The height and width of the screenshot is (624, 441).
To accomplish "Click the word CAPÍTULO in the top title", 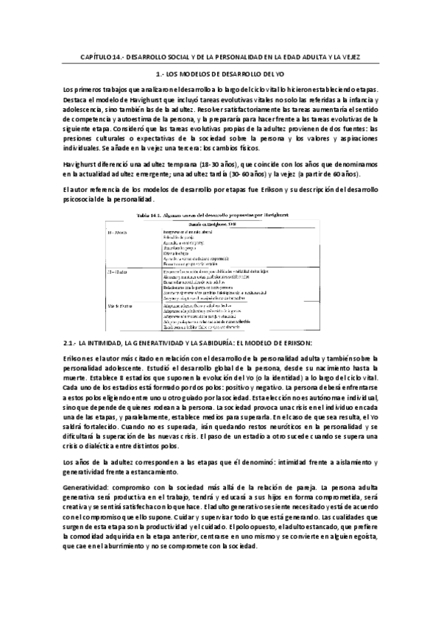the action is coord(96,57).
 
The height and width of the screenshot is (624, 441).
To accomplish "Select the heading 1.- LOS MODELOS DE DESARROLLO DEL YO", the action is coord(220,75).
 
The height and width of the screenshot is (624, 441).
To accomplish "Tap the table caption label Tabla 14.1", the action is coord(150,215).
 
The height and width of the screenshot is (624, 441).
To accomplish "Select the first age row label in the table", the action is coord(118,231).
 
